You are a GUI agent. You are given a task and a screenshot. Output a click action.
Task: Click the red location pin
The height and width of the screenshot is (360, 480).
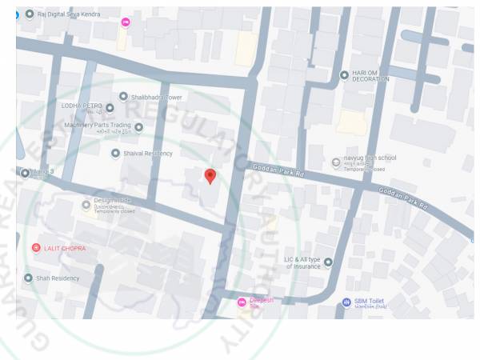click(210, 175)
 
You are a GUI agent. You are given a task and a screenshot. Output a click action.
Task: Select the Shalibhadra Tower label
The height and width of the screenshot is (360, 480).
click(158, 97)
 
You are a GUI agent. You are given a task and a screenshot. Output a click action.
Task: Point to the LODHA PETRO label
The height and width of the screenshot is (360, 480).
click(82, 106)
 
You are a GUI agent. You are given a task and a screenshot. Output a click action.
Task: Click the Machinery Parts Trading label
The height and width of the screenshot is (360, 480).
click(98, 126)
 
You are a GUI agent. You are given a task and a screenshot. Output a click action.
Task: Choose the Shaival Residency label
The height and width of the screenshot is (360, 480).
click(146, 153)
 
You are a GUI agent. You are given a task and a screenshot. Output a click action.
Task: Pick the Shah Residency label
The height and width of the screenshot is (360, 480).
click(58, 278)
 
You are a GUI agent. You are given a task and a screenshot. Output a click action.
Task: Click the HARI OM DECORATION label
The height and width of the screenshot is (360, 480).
click(370, 77)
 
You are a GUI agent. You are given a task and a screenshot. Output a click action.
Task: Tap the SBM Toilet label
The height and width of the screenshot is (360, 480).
click(371, 302)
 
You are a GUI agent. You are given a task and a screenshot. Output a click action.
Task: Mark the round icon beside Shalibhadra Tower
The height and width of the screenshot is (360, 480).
click(123, 97)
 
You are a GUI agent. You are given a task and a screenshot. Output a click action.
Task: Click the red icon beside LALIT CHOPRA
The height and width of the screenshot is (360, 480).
click(35, 248)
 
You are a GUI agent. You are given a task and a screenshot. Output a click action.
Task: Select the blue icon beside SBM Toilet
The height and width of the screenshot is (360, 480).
click(346, 302)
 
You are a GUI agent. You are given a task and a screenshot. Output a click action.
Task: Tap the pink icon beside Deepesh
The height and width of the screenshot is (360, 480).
click(241, 302)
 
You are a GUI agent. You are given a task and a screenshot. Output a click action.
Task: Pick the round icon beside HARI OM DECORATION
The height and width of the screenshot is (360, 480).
click(344, 74)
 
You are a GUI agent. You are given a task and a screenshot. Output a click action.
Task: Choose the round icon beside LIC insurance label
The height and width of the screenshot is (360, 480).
click(327, 262)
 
